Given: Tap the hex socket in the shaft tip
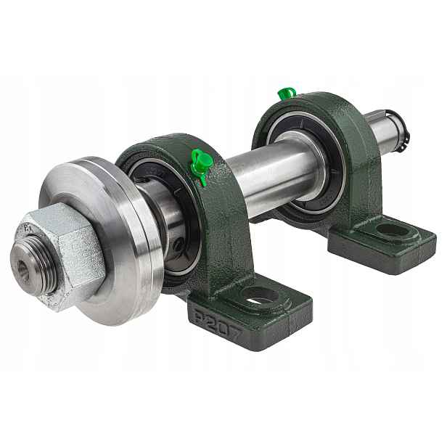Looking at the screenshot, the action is pyautogui.click(x=22, y=267).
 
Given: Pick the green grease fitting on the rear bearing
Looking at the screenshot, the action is pyautogui.click(x=287, y=94).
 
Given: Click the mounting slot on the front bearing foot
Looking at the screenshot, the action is pyautogui.click(x=260, y=297).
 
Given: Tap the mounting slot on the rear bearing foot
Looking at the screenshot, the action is pyautogui.click(x=393, y=230).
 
